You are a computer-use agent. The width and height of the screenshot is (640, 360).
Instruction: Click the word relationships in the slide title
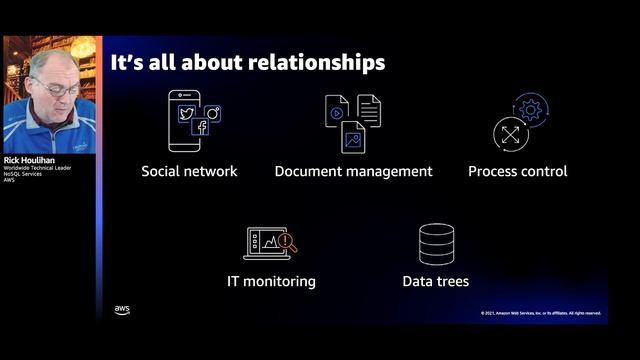click(x=310, y=62)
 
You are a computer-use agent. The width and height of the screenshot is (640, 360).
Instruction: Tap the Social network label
click(x=189, y=171)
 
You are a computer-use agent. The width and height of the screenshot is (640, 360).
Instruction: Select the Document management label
click(x=353, y=171)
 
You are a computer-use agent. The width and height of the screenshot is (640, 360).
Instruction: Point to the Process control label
click(x=517, y=171)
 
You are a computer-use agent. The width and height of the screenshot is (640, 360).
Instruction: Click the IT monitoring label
click(x=271, y=281)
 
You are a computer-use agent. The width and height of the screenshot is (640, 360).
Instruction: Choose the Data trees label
click(x=435, y=281)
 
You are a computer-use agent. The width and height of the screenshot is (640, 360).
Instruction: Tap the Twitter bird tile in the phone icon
click(x=186, y=113)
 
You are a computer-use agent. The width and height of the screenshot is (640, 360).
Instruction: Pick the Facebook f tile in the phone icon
click(x=200, y=127)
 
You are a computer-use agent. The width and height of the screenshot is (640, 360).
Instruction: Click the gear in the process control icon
click(x=530, y=109)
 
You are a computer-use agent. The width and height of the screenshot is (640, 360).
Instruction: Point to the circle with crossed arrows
click(x=510, y=133)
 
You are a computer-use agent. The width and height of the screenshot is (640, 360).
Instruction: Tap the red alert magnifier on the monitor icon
click(x=286, y=241)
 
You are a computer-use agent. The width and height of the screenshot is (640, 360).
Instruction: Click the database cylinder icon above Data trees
click(x=436, y=244)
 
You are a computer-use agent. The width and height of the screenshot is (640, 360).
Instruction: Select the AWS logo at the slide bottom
click(x=122, y=310)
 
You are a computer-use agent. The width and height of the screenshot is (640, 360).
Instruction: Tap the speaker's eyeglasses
click(x=59, y=89)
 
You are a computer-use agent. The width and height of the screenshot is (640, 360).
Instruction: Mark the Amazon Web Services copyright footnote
click(x=540, y=313)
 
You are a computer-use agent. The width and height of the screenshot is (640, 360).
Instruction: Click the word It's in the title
click(x=129, y=62)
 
